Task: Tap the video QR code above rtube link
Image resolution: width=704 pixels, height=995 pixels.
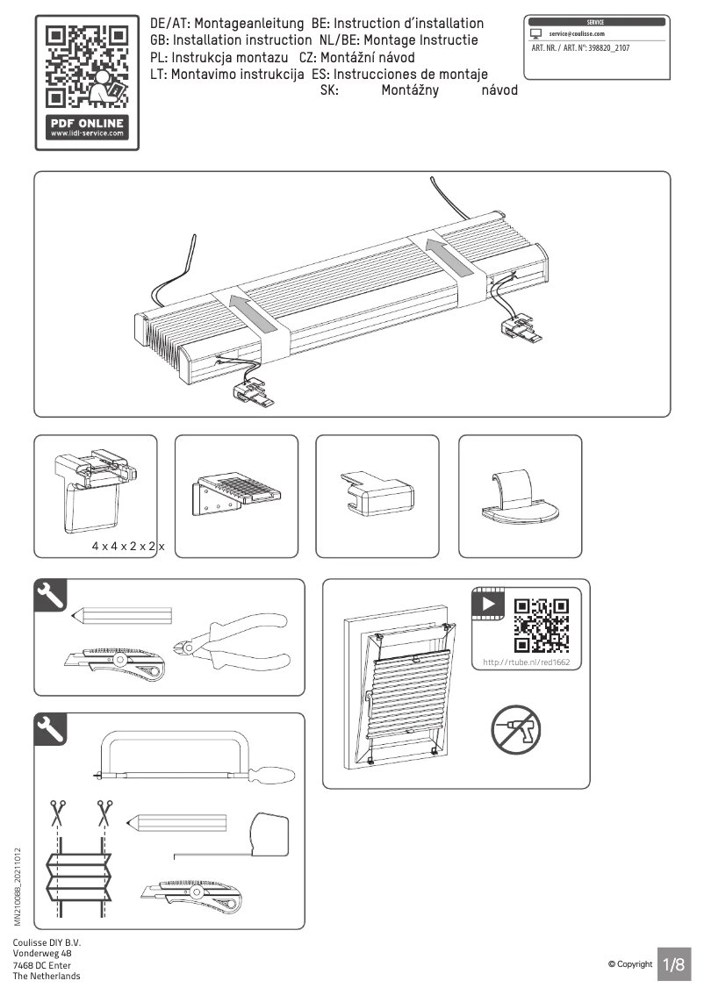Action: click(x=541, y=626)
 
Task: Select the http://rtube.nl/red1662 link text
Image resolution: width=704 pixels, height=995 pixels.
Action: click(x=527, y=662)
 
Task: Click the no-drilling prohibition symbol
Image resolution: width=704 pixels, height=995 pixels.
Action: click(x=515, y=730)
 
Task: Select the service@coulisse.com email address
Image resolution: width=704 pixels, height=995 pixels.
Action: click(x=577, y=34)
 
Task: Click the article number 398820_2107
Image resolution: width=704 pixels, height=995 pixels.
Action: click(x=609, y=48)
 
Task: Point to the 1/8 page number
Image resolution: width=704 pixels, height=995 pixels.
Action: click(x=674, y=964)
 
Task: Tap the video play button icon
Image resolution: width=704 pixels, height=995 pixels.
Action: click(x=488, y=604)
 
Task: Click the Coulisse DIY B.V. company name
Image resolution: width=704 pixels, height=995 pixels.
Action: click(x=47, y=942)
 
